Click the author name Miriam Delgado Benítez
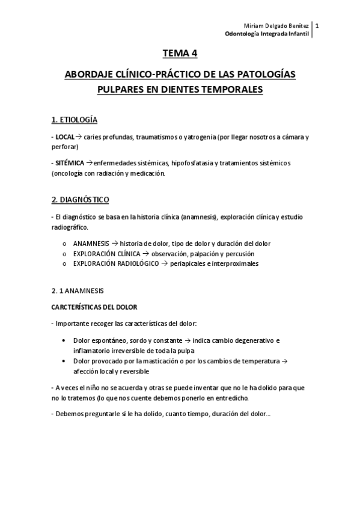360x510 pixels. point(280,25)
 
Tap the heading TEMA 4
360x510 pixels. point(180,54)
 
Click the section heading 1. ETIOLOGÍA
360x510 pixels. point(75,119)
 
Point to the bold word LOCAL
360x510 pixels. point(65,137)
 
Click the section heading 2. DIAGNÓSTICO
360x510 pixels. point(80,199)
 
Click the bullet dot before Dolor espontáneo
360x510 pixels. point(64,341)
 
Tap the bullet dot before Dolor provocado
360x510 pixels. point(64,361)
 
